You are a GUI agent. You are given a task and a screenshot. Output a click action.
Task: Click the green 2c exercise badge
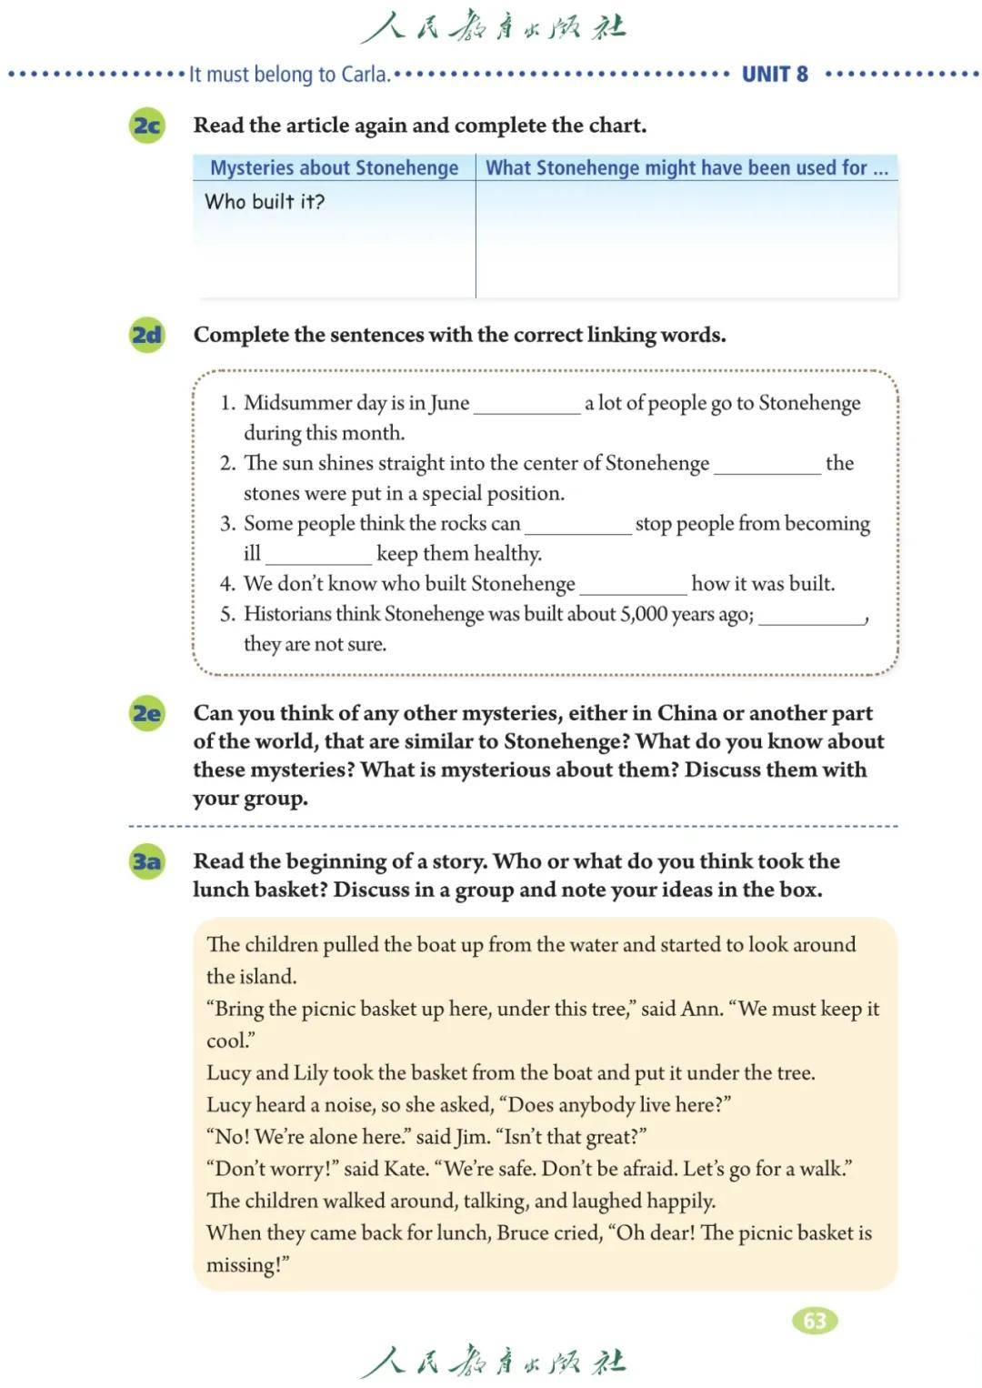click(147, 125)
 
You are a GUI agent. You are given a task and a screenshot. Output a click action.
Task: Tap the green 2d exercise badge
click(147, 335)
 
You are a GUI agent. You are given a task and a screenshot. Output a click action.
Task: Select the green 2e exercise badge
click(147, 713)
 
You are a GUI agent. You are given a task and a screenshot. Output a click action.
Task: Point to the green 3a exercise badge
click(147, 860)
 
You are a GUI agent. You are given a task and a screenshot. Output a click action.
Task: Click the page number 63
click(815, 1320)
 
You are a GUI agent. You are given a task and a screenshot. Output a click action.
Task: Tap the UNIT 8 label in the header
click(775, 74)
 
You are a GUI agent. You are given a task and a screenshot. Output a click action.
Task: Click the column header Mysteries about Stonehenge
click(334, 167)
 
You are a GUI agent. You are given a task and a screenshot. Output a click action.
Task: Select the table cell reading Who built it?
click(265, 202)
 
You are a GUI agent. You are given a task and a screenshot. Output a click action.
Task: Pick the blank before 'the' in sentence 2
click(767, 465)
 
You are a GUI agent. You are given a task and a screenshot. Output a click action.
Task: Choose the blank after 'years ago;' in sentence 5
click(811, 616)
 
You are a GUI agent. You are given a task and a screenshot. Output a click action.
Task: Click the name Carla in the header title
click(364, 74)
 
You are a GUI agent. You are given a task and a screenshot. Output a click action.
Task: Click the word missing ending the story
click(244, 1265)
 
